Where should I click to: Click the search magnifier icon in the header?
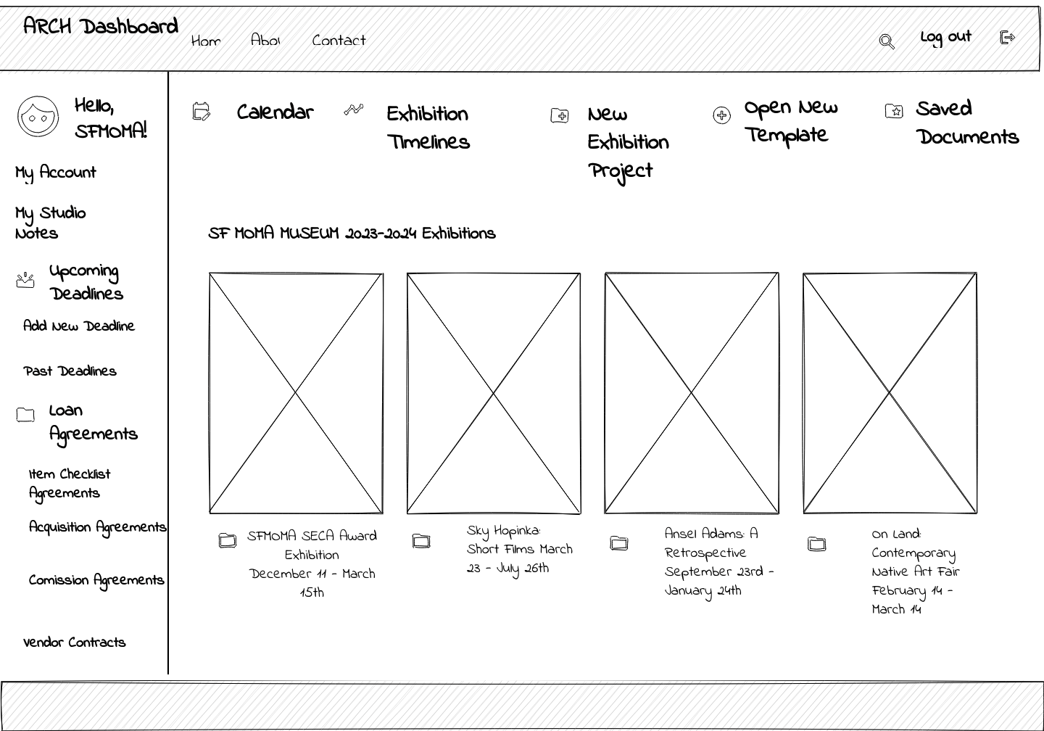[x=886, y=41]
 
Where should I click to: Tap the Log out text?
[x=945, y=37]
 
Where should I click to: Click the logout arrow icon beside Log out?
[x=1007, y=37]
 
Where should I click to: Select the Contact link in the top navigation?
[x=339, y=41]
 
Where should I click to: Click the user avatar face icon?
[x=38, y=116]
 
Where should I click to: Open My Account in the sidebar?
[x=56, y=173]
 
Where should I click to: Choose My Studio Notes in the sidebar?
[x=50, y=223]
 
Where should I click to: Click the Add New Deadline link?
[x=79, y=326]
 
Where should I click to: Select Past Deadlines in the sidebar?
[x=70, y=371]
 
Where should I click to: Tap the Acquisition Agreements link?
[x=97, y=527]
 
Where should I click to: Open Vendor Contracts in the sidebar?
[x=74, y=643]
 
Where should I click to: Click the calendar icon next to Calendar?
[x=201, y=112]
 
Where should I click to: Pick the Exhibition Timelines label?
[x=428, y=128]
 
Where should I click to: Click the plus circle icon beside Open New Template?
[x=721, y=115]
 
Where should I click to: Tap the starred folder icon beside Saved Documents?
[x=894, y=111]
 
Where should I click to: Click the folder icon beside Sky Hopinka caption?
[x=421, y=541]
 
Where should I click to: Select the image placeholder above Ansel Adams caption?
[x=692, y=393]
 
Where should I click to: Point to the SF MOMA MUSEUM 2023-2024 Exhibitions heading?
[x=352, y=234]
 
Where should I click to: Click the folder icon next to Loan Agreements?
[x=25, y=415]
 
